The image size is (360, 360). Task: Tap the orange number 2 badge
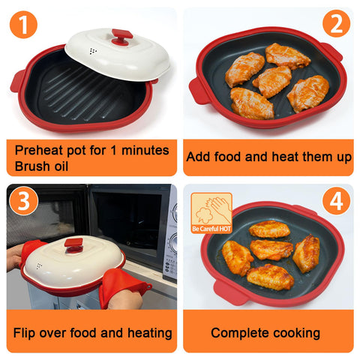pos(334,25)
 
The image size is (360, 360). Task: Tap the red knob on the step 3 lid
pos(73,244)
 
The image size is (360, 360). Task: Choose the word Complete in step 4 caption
pos(237,332)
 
